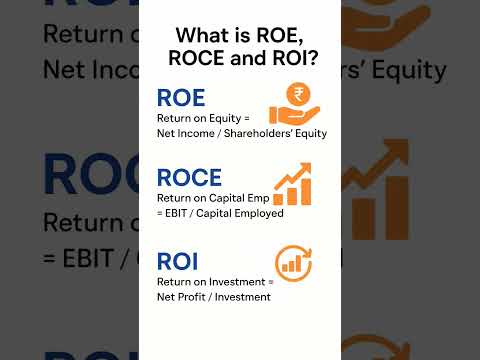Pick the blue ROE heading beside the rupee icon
pos(181,98)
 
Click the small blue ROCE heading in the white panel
pos(189,178)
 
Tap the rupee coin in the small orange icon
pos(295,95)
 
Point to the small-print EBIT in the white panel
pos(180,213)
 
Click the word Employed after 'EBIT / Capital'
pos(257,213)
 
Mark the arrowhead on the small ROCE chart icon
pos(304,169)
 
